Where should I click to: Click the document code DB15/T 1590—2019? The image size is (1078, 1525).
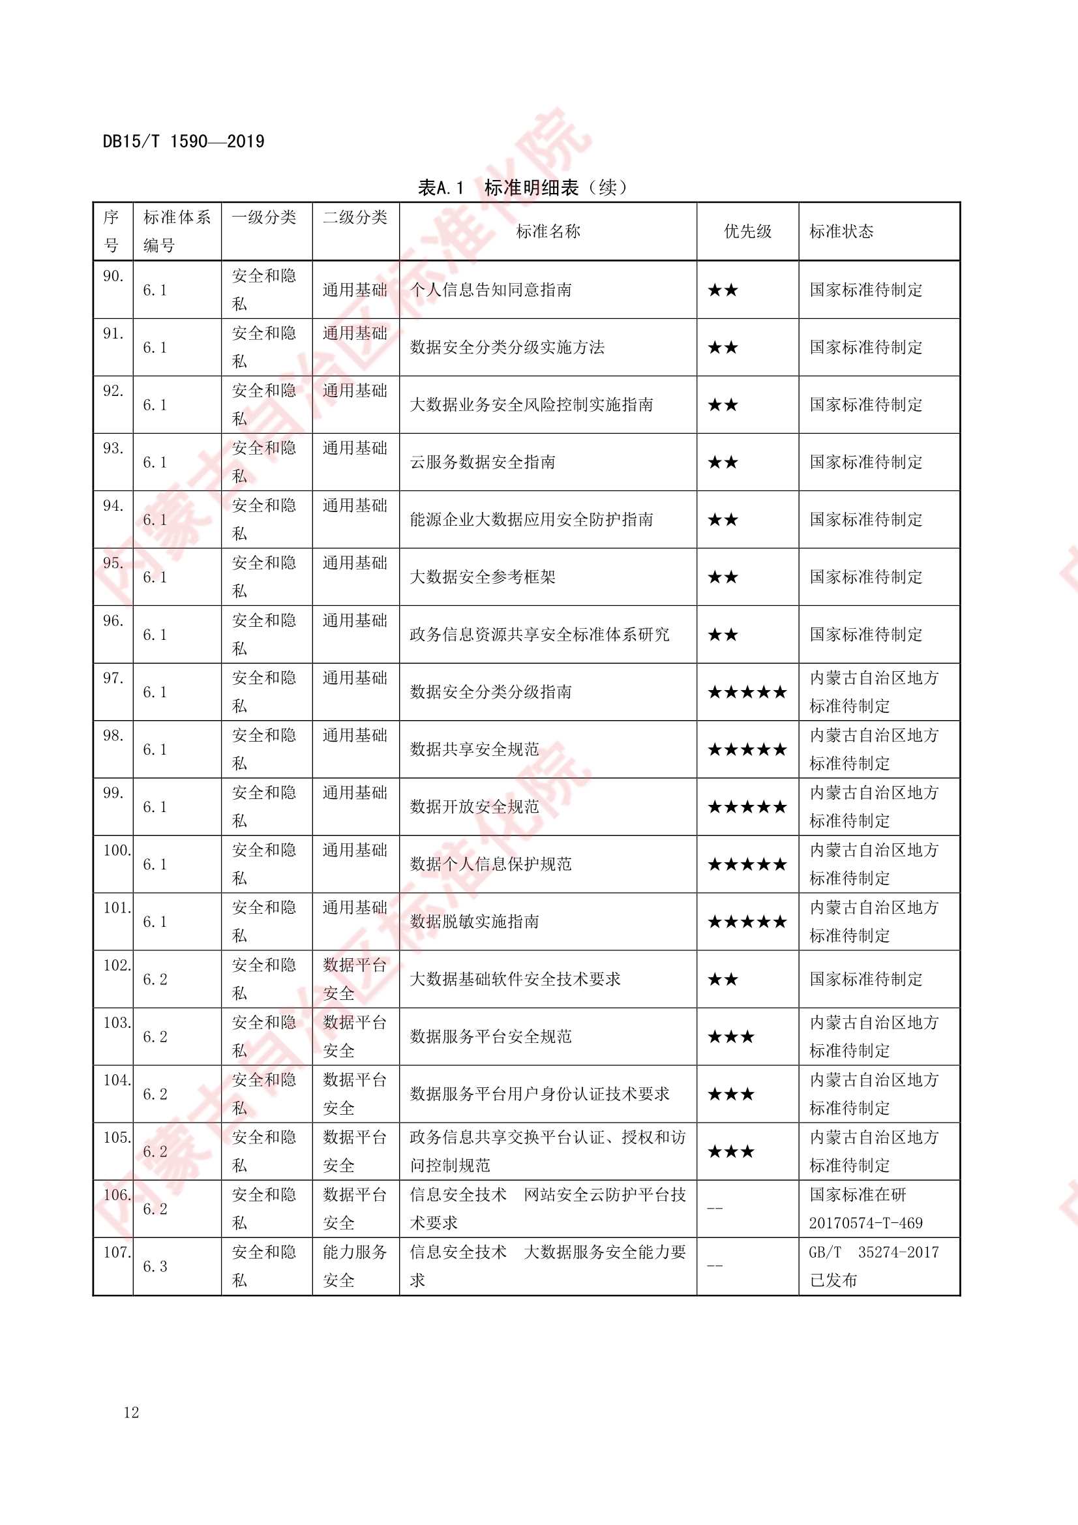coord(183,142)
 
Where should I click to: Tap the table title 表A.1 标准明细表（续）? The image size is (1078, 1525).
coord(522,188)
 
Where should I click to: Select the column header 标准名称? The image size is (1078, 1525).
coord(548,231)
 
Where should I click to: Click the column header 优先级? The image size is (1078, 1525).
coord(747,231)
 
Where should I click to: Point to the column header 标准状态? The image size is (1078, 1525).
coord(841,231)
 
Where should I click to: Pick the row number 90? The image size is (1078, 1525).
coord(113,277)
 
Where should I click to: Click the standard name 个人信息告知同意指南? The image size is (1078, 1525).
coord(490,290)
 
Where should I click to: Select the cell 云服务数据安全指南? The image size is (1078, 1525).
coord(482,462)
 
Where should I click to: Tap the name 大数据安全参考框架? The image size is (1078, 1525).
coord(482,577)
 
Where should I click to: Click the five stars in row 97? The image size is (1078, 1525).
coord(747,692)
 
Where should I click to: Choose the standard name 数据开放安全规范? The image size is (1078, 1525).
coord(474,807)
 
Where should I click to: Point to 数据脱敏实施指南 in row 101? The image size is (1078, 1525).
coord(474,922)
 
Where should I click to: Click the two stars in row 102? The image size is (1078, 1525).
coord(723,979)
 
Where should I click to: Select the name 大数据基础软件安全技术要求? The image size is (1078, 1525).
coord(515,979)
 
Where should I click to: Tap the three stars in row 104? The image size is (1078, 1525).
coord(730,1094)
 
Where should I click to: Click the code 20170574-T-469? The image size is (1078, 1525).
coord(865,1223)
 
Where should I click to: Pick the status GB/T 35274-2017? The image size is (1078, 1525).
coord(873,1252)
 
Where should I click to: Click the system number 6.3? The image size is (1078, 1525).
coord(155,1267)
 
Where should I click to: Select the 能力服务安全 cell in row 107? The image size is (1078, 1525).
coord(355,1267)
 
